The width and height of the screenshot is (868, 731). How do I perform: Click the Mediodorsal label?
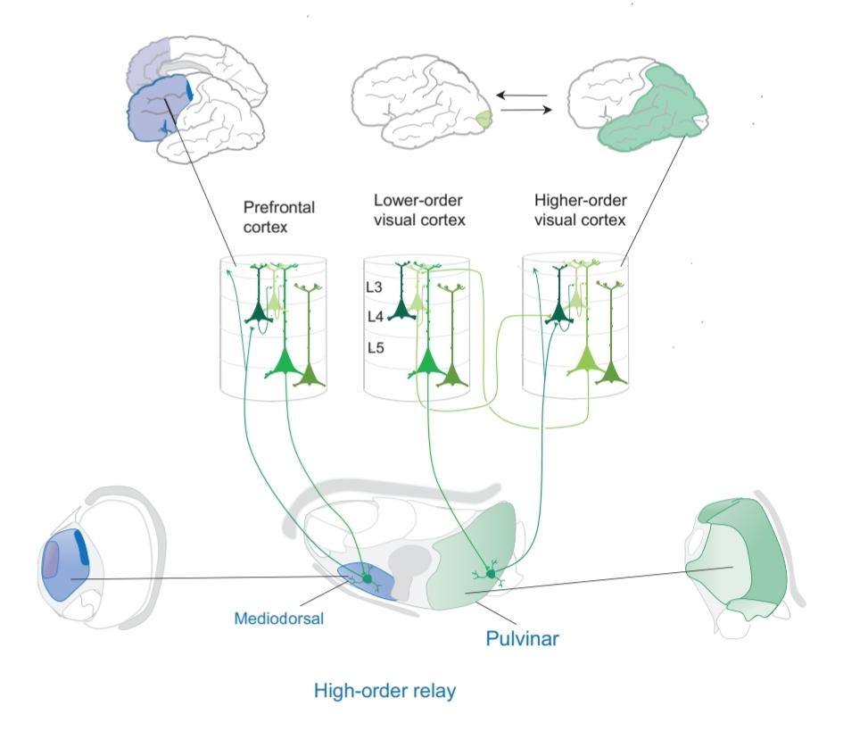pyautogui.click(x=278, y=617)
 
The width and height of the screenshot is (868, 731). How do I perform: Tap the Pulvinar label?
pyautogui.click(x=522, y=638)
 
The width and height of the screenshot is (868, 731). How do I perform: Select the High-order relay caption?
pyautogui.click(x=384, y=691)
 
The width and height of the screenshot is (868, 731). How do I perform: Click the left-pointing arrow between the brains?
pyautogui.click(x=521, y=93)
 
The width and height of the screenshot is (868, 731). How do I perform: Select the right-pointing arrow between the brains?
pyautogui.click(x=521, y=111)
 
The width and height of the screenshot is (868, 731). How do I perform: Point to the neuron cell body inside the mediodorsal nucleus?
pyautogui.click(x=366, y=579)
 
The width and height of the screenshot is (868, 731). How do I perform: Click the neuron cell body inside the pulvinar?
pyautogui.click(x=490, y=572)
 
